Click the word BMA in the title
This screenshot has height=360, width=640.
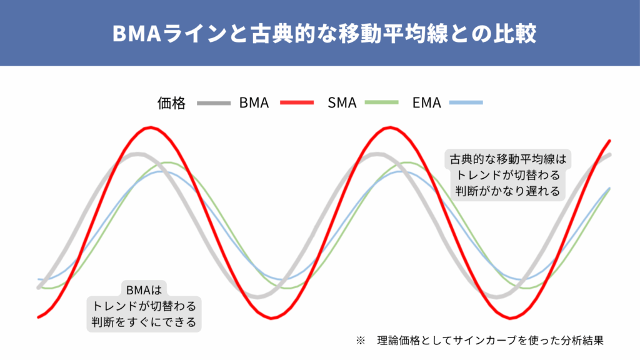(x=137, y=34)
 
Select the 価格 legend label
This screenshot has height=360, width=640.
(x=171, y=103)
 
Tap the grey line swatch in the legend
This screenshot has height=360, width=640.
(x=214, y=103)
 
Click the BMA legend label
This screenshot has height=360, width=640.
(x=254, y=103)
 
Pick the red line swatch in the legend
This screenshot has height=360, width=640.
(x=297, y=103)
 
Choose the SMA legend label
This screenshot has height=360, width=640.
(x=342, y=103)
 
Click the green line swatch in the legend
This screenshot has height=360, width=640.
(x=382, y=103)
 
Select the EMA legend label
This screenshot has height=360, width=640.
(x=426, y=103)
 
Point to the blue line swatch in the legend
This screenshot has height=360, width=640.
(x=466, y=103)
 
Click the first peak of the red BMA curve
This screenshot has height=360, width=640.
(x=151, y=127)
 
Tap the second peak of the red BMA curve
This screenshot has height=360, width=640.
(x=390, y=127)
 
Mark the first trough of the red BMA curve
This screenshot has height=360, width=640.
(x=271, y=317)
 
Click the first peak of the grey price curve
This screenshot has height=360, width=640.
(x=137, y=154)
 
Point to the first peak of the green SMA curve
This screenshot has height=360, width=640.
(x=168, y=162)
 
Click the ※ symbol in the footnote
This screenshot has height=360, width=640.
(x=361, y=341)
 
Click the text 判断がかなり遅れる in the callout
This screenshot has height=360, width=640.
(x=507, y=191)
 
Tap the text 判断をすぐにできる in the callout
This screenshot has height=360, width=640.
(x=144, y=322)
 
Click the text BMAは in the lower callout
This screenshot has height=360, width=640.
(x=144, y=290)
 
